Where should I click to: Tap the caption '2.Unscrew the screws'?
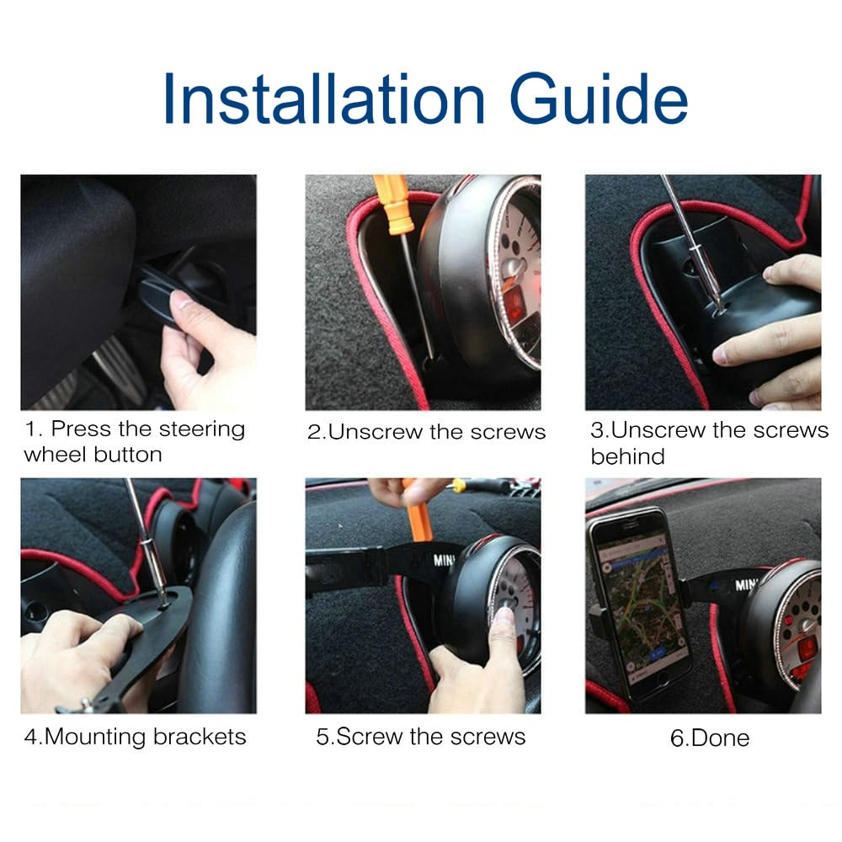coord(426,433)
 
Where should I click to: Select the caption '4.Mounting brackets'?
coord(135,737)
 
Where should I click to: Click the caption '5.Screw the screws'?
coord(420,737)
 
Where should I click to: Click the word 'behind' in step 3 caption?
coord(627,457)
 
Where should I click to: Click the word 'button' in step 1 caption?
coord(128,456)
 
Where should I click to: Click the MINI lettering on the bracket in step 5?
coord(445,559)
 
